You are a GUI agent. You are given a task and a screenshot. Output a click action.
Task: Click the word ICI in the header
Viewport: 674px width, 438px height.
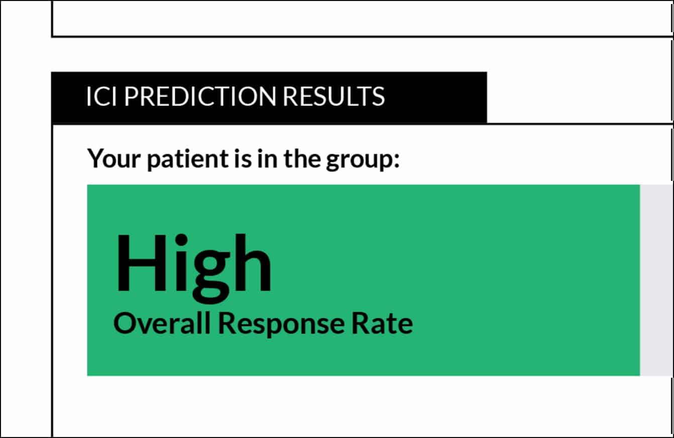coord(101,96)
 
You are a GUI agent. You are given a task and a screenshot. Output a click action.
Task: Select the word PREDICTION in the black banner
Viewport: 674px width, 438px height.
coord(200,96)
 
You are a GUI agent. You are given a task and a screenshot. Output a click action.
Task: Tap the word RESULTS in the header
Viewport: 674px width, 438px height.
coord(333,96)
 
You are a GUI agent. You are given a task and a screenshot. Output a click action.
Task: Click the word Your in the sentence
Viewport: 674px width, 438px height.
coord(114,158)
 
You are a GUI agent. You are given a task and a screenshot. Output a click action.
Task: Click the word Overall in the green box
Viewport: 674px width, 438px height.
coord(162,323)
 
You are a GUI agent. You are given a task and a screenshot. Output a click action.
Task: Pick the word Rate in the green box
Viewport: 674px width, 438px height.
coord(382,323)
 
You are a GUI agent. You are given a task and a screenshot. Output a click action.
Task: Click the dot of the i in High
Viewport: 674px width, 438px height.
coord(181,240)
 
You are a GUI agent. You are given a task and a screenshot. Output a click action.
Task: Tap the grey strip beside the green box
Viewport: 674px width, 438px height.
coord(656,280)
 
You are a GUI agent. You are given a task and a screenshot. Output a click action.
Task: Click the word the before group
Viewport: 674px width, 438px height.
coord(302,158)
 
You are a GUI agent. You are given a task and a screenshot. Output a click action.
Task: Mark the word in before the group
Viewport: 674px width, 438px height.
coord(267,158)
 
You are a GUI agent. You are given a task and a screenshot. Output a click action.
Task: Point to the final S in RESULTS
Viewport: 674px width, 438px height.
coord(378,96)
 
